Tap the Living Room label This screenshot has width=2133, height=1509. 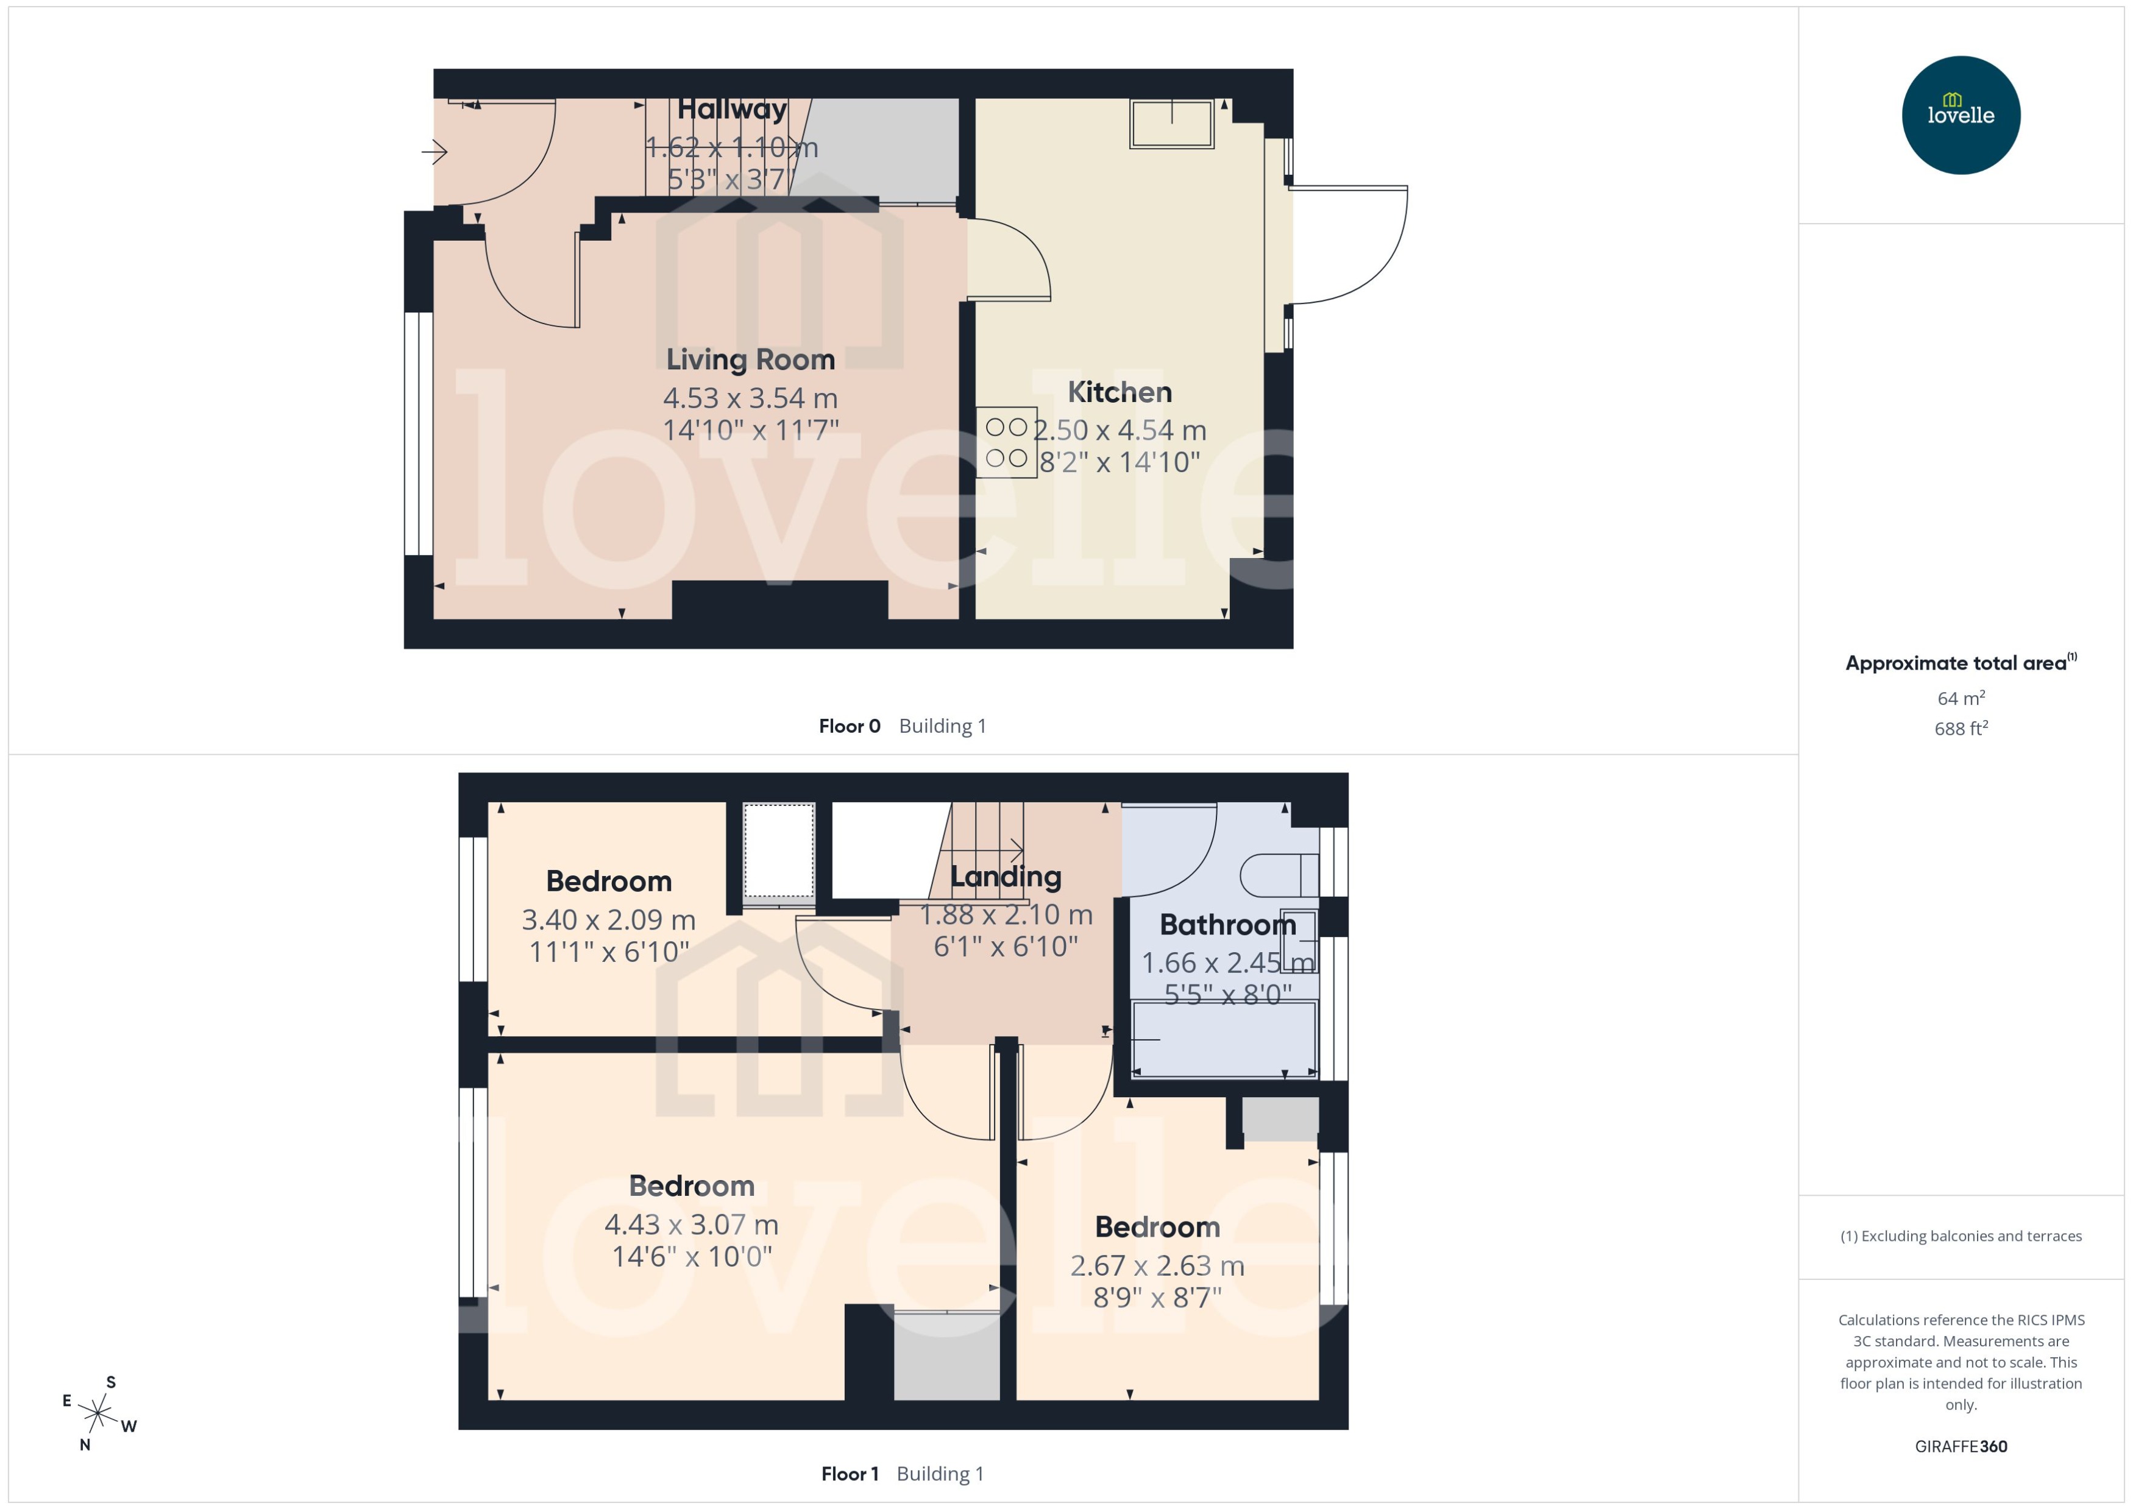(750, 359)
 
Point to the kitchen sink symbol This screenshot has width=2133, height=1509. (1171, 124)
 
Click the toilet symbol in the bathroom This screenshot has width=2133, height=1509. (1278, 874)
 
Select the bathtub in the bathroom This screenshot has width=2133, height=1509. (1223, 1039)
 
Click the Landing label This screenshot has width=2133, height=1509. (1005, 876)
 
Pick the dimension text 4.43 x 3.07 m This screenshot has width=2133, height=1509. (692, 1225)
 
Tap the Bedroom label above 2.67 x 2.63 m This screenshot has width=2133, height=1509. (1157, 1228)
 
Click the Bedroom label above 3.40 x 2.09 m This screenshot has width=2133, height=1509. (609, 881)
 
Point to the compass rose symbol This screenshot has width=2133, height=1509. (98, 1414)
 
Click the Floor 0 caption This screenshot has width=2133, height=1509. (848, 727)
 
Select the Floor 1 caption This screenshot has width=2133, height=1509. (848, 1474)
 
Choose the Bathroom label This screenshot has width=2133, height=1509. (1227, 925)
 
